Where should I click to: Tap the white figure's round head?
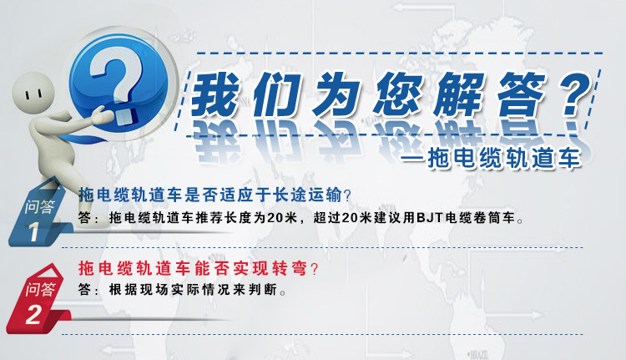tap(33, 94)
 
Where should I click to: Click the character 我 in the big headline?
tap(215, 95)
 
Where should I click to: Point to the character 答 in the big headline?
tap(520, 95)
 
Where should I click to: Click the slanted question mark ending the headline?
tap(576, 94)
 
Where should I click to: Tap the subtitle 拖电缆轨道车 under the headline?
tap(504, 158)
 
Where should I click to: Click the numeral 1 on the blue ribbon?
tap(33, 231)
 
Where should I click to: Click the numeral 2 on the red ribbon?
tap(33, 314)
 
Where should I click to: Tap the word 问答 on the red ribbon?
tap(40, 289)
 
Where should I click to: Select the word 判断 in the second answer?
tap(263, 290)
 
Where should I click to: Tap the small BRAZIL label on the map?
tap(478, 354)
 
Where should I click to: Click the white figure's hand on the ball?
tap(101, 115)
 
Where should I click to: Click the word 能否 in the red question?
tap(212, 268)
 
